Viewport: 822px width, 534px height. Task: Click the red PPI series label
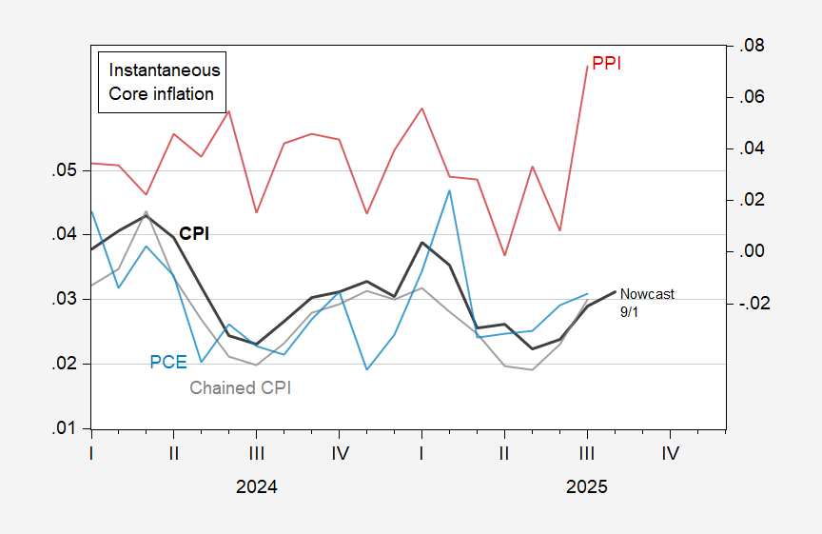pyautogui.click(x=607, y=64)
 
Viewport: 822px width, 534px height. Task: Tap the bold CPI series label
pyautogui.click(x=194, y=233)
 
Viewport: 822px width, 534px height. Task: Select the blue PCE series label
pyautogui.click(x=167, y=363)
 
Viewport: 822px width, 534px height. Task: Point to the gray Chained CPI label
pyautogui.click(x=240, y=387)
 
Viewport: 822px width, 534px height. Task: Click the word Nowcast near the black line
pyautogui.click(x=646, y=294)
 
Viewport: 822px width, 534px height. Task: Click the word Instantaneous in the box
pyautogui.click(x=165, y=70)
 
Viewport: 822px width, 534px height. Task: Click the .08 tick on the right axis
pyautogui.click(x=748, y=47)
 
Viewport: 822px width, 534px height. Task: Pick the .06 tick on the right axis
pyautogui.click(x=748, y=98)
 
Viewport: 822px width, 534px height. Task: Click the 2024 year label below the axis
pyautogui.click(x=257, y=486)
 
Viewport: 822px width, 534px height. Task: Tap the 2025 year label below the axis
pyautogui.click(x=586, y=486)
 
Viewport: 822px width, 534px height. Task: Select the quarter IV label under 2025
pyautogui.click(x=670, y=453)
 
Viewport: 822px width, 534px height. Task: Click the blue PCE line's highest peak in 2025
pyautogui.click(x=449, y=190)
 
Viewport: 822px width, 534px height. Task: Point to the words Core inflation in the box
pyautogui.click(x=162, y=94)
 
